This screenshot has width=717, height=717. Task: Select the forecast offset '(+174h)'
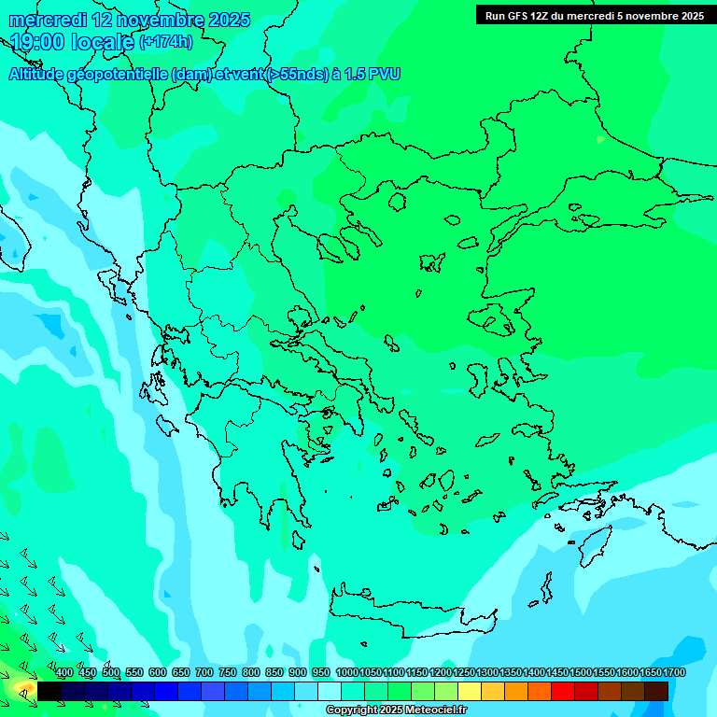[166, 42]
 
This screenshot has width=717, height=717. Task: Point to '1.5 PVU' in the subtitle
[373, 75]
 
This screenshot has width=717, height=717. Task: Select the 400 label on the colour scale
[64, 673]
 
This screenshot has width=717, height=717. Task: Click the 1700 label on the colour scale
[674, 673]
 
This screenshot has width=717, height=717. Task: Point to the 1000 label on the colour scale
[346, 673]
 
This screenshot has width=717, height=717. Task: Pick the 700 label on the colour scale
[204, 673]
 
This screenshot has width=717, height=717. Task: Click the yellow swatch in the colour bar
[470, 691]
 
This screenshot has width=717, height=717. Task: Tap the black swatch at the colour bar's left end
[49, 691]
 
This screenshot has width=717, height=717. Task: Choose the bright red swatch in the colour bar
[563, 691]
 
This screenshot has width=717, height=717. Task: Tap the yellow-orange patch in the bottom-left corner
[21, 690]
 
